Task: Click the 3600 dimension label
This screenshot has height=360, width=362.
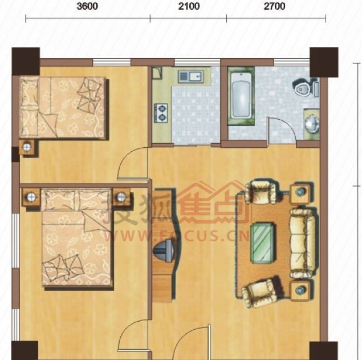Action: pyautogui.click(x=87, y=6)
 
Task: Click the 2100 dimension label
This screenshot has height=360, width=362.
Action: pyautogui.click(x=189, y=6)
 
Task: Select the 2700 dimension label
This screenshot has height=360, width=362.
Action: pyautogui.click(x=275, y=6)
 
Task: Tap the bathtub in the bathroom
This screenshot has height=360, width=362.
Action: pyautogui.click(x=241, y=96)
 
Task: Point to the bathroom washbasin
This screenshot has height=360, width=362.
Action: pyautogui.click(x=312, y=124)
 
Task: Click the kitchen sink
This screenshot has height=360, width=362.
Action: pyautogui.click(x=190, y=76)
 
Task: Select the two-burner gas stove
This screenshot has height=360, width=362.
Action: pyautogui.click(x=161, y=113)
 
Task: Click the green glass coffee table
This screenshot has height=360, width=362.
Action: pyautogui.click(x=263, y=243)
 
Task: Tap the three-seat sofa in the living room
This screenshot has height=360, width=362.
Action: pyautogui.click(x=303, y=243)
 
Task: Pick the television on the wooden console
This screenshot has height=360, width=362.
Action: pyautogui.click(x=165, y=250)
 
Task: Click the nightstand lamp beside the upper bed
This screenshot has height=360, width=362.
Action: pyautogui.click(x=27, y=147)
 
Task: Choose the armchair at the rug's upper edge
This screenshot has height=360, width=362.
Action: pyautogui.click(x=261, y=191)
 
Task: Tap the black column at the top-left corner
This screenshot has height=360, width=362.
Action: pyautogui.click(x=26, y=62)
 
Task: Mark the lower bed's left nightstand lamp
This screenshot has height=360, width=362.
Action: pyautogui.click(x=31, y=197)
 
